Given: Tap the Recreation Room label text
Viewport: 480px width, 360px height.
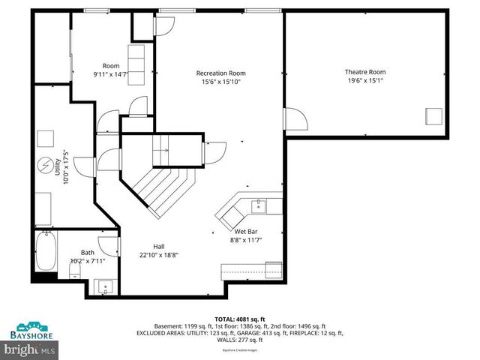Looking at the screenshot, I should pos(221,73).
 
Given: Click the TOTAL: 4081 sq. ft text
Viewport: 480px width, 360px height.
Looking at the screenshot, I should pos(240,319).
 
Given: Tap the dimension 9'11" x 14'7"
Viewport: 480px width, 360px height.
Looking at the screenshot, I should pos(111,74).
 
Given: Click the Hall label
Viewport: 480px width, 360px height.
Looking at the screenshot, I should pos(159,245).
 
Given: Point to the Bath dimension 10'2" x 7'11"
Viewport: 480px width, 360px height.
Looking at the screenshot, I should pos(88,261).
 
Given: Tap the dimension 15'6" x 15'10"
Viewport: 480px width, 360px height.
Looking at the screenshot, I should pos(221,82).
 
